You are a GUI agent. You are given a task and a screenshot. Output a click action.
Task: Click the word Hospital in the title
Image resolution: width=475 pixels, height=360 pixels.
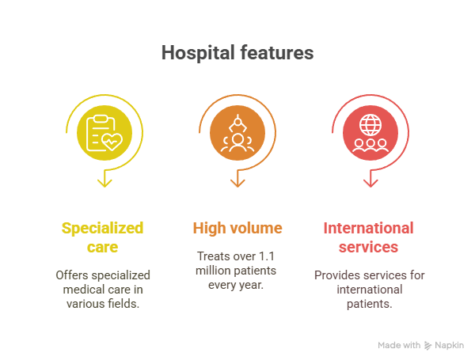tap(198, 54)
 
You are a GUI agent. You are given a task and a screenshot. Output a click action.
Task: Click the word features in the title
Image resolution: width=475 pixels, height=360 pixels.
tap(277, 53)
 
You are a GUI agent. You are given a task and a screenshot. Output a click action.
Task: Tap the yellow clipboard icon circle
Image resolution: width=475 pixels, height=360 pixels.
tap(104, 133)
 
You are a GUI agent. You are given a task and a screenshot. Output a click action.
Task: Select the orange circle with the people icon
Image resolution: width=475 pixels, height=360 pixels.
tap(237, 133)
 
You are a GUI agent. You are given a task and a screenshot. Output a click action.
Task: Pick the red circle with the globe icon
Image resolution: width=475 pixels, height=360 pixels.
tap(370, 133)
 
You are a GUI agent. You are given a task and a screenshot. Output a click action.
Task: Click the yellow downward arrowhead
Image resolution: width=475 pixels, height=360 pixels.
tap(104, 183)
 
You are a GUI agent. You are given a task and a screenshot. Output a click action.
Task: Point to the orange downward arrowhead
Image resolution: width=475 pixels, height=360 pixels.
tap(237, 183)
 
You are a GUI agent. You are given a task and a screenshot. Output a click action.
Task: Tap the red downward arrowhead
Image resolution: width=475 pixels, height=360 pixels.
tap(370, 183)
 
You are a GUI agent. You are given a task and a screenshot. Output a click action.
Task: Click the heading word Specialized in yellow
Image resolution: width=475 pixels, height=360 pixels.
tap(102, 229)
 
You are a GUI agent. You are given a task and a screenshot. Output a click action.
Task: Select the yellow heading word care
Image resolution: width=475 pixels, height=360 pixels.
tap(102, 248)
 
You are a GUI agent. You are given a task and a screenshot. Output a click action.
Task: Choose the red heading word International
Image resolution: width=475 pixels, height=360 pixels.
tap(368, 228)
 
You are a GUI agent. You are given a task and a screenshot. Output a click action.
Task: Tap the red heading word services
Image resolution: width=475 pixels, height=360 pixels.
tap(368, 248)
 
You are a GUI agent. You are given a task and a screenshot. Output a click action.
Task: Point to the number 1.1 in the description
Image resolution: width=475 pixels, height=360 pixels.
tap(267, 256)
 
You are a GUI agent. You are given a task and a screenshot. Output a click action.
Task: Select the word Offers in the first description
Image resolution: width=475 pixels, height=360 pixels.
tap(72, 275)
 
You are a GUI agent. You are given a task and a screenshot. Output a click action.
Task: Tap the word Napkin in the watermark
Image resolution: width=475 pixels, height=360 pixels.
tap(449, 345)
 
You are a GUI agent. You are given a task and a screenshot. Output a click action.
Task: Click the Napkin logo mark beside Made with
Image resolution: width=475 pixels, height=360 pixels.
tap(427, 346)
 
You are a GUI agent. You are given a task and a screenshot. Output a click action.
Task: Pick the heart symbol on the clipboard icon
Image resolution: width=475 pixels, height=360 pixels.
tap(112, 142)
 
